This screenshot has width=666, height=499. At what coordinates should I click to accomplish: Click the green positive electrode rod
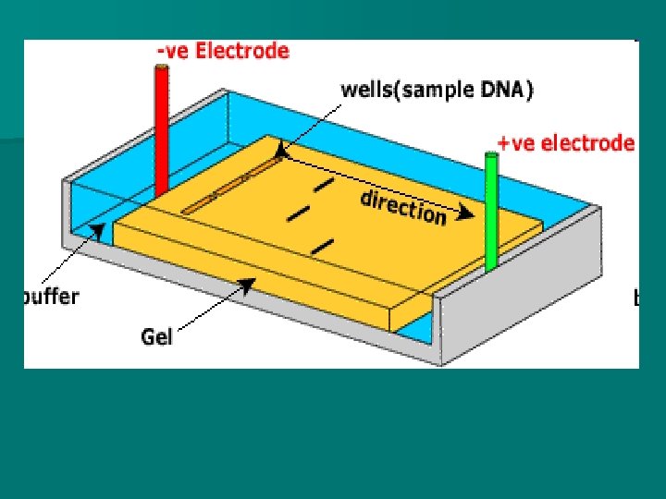tap(491, 213)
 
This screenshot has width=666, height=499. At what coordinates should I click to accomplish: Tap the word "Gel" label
tap(156, 336)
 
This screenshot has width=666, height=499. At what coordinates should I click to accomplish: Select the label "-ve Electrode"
tap(222, 52)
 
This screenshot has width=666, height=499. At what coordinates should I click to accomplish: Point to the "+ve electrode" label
tap(566, 143)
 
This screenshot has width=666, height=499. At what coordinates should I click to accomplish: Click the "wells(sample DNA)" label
tap(438, 90)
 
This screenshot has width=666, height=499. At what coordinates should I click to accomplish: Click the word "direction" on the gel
tap(403, 207)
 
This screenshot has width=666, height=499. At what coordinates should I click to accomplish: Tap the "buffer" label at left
tap(52, 297)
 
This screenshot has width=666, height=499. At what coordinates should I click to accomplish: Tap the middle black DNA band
tap(298, 214)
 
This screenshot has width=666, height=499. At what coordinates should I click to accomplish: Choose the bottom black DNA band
tap(322, 245)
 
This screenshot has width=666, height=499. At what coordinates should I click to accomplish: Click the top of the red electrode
tap(162, 67)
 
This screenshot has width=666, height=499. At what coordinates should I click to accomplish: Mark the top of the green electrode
tap(491, 157)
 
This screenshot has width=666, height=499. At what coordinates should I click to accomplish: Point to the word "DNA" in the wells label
tap(506, 90)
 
